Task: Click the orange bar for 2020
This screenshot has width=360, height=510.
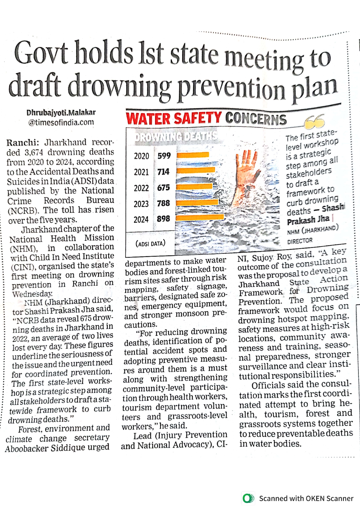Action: [x=193, y=155]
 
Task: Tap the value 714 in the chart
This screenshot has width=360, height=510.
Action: [x=163, y=172]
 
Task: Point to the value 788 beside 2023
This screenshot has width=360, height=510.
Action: [x=163, y=203]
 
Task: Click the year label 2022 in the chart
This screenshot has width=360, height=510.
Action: [x=141, y=188]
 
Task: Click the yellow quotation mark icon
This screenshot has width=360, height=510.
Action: [x=314, y=121]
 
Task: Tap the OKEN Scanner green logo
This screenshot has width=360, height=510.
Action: [x=249, y=498]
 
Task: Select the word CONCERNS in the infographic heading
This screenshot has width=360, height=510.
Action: [x=256, y=119]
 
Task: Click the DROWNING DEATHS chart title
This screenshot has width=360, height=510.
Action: [x=176, y=136]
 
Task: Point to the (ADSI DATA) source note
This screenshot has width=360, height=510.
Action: [x=150, y=244]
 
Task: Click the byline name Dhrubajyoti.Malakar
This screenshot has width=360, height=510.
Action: [x=61, y=112]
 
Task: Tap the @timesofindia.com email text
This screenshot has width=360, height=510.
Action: [x=61, y=122]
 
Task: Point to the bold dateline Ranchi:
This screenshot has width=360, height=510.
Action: [x=22, y=143]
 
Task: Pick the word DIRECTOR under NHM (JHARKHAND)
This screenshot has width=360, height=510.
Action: [x=300, y=241]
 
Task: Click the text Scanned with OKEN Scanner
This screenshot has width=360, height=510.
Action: [x=306, y=499]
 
